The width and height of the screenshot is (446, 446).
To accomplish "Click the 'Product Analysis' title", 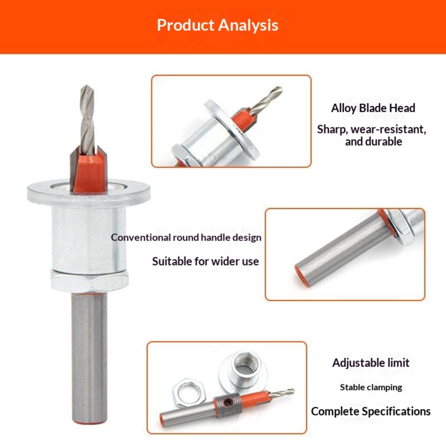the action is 217,25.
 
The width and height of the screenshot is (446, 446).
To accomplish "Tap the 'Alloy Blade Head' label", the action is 373,108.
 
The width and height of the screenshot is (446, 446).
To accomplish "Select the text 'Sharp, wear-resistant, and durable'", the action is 372,135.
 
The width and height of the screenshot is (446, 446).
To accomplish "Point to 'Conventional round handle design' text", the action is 186,237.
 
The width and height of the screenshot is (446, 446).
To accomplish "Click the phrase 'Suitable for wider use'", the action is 205,261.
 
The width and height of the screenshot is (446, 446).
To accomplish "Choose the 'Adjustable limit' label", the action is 371,363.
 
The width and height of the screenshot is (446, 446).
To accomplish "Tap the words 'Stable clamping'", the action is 371,387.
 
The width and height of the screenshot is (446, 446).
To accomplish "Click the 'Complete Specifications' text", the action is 371,411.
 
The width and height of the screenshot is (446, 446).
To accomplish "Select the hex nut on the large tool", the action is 89,281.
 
